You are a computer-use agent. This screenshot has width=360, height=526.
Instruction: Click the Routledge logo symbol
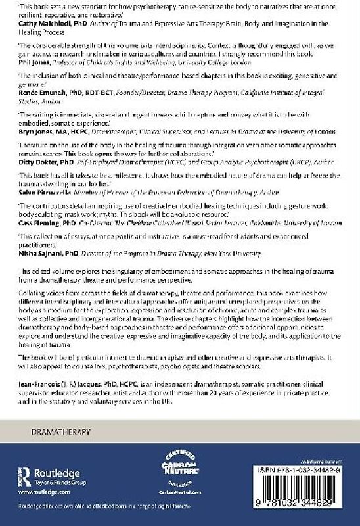tap(24, 477)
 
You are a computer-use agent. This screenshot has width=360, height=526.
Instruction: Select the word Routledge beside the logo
tap(59, 472)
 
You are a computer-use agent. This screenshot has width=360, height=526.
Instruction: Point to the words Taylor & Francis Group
tap(62, 482)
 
